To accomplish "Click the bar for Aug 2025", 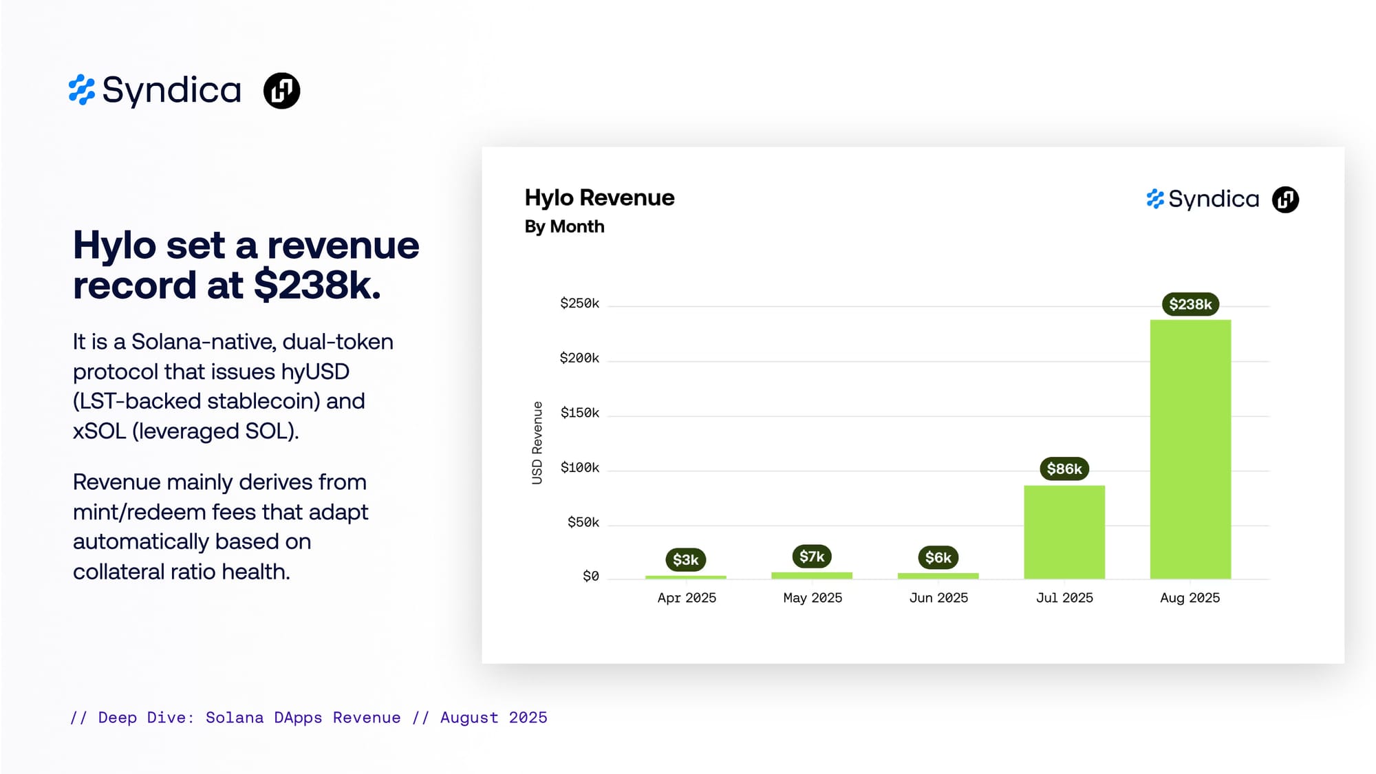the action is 1190,449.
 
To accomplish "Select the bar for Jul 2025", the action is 1064,533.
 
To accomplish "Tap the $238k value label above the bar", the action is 1190,304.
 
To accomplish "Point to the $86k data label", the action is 1064,469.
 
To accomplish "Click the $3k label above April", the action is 686,559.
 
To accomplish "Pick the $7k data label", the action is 812,556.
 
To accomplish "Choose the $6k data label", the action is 938,557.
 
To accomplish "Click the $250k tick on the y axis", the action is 579,303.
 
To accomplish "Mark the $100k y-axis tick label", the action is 580,468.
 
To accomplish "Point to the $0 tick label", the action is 591,576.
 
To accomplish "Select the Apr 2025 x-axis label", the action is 687,598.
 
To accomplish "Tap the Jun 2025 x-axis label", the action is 938,598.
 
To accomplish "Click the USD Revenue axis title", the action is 537,443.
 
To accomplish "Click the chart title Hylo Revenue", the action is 599,198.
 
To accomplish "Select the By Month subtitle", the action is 564,226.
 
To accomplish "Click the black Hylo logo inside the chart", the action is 1285,200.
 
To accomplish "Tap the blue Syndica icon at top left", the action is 82,90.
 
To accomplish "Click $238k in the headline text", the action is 317,285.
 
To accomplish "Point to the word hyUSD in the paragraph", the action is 315,372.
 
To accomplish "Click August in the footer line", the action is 469,718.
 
